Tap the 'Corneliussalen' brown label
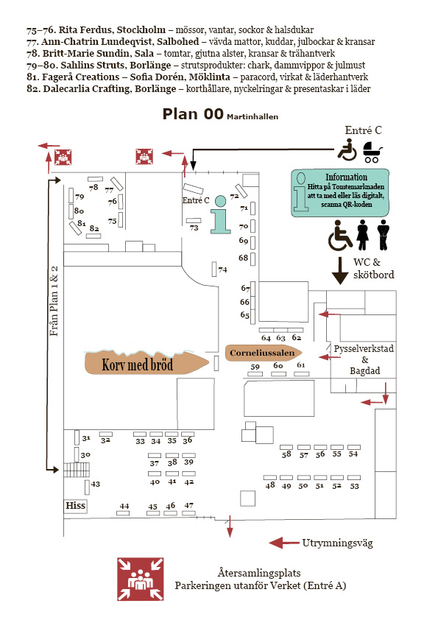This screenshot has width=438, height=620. [261, 353]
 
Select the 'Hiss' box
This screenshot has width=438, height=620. [76, 506]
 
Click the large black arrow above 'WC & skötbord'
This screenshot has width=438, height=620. [340, 270]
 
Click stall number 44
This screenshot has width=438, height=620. [124, 506]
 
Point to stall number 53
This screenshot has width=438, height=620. [354, 486]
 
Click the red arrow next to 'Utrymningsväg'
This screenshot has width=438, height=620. [283, 543]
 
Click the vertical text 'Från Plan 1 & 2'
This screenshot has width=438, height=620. [54, 303]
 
